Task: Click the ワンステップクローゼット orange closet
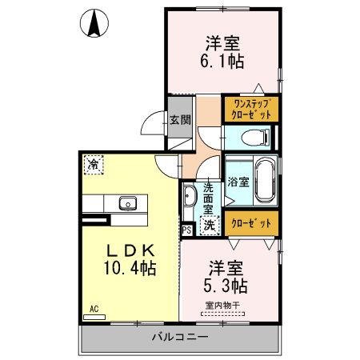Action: point(251,109)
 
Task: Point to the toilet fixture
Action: point(254,137)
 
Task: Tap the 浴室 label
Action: point(238,181)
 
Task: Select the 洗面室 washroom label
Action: point(208,197)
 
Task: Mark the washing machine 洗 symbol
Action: point(208,226)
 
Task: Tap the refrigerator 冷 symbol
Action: point(94,166)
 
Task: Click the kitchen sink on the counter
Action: point(128,203)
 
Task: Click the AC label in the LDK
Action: point(94,308)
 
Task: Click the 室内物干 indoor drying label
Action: point(226,304)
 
